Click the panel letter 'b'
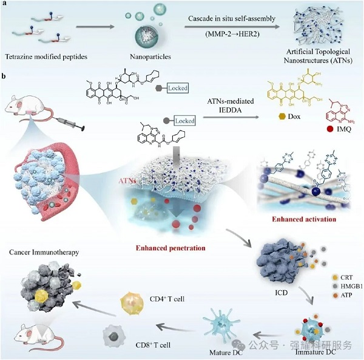(5, 78)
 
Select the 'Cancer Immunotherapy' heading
(44, 250)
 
